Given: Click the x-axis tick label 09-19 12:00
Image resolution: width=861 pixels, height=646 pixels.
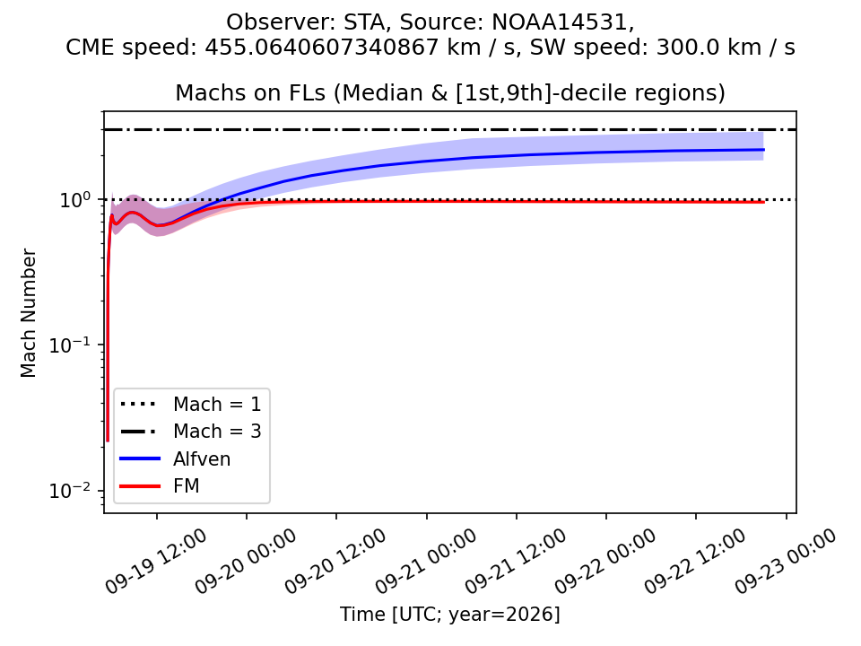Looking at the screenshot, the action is (x=155, y=561).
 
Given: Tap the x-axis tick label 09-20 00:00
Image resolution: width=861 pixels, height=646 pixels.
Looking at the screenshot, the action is (x=246, y=561).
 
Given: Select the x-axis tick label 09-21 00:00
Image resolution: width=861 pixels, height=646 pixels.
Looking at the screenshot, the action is (x=425, y=561).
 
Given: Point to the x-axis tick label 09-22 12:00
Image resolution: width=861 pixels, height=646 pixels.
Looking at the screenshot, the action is (x=694, y=561).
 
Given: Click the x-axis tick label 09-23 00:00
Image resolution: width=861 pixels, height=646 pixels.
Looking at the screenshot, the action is (x=786, y=561).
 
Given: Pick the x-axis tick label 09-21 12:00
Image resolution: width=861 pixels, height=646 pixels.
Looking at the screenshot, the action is (x=515, y=561).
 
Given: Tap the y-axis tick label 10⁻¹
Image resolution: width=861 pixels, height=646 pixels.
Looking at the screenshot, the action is (x=71, y=345).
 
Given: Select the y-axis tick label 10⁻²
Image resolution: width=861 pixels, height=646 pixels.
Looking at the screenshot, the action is (x=71, y=490).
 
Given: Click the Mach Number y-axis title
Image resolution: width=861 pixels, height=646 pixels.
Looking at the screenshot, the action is (x=28, y=313).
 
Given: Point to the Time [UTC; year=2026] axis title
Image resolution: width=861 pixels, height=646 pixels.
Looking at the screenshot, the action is (x=449, y=614).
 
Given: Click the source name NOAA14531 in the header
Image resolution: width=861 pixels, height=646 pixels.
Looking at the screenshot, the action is (x=559, y=22).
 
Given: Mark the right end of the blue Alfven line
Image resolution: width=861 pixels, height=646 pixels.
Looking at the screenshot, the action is (x=764, y=150).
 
